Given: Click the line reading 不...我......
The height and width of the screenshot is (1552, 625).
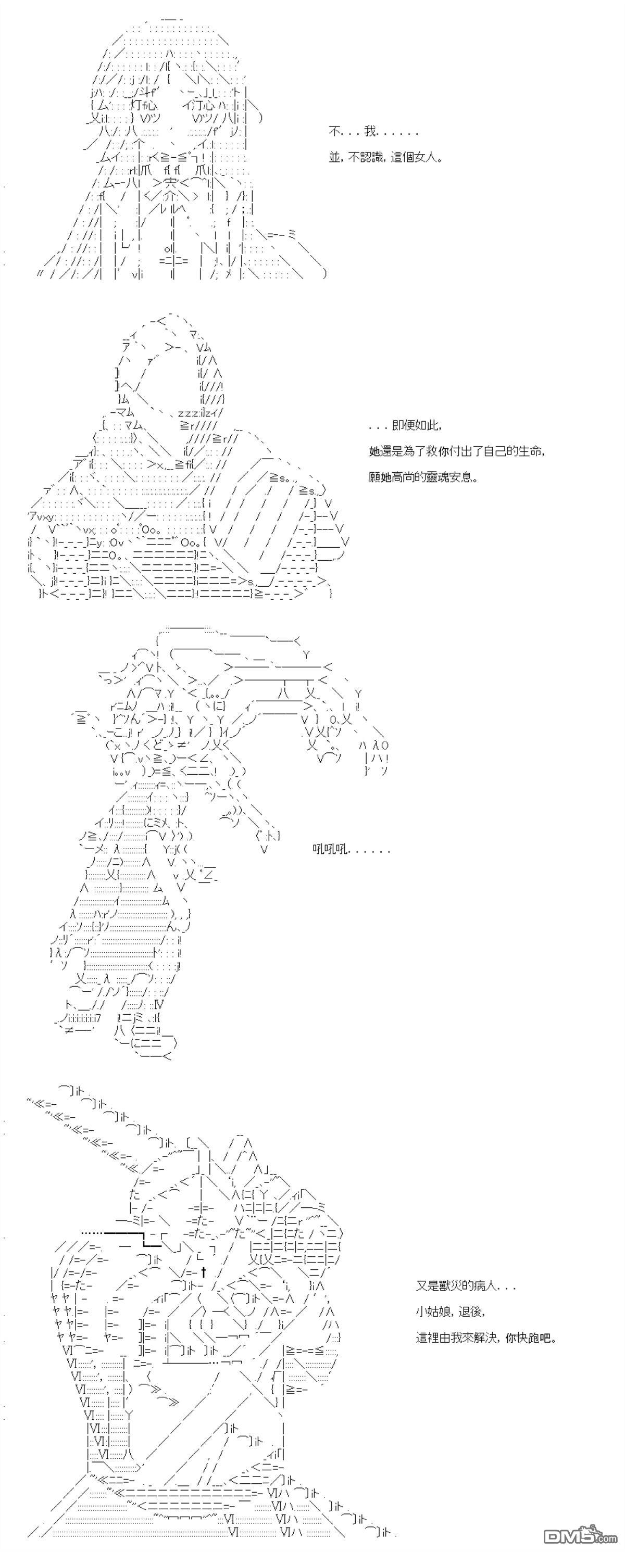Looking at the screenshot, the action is tap(373, 132).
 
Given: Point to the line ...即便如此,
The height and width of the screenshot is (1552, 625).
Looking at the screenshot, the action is tap(405, 425).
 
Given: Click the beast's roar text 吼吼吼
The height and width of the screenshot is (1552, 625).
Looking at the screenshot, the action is tap(330, 850).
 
